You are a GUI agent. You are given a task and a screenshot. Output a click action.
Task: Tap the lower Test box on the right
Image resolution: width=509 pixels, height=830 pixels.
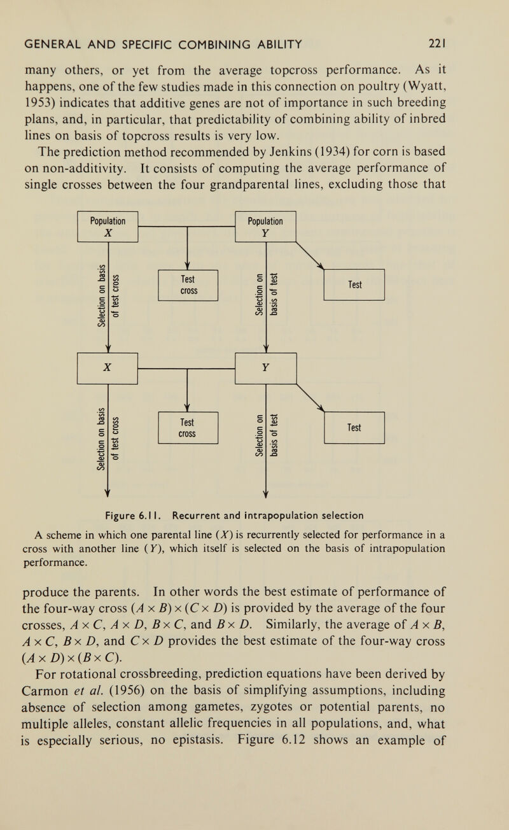(354, 428)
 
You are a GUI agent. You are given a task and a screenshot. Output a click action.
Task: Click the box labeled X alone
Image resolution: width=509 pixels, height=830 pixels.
(108, 369)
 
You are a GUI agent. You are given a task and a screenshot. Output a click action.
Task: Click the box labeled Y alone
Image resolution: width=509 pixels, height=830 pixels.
(266, 369)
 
